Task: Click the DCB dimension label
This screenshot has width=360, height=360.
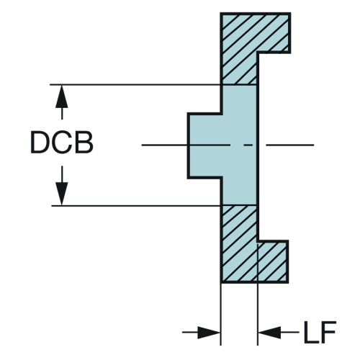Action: pyautogui.click(x=62, y=142)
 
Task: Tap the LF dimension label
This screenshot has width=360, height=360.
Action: pyautogui.click(x=320, y=332)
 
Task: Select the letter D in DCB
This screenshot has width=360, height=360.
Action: pyautogui.click(x=40, y=142)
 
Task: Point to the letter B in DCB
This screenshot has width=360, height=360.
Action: pyautogui.click(x=84, y=142)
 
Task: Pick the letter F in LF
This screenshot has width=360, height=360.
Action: pyautogui.click(x=328, y=332)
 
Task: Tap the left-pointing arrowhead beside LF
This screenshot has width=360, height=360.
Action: pyautogui.click(x=269, y=333)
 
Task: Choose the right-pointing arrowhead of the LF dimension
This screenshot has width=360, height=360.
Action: pyautogui.click(x=208, y=333)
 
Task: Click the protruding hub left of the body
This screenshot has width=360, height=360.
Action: pyautogui.click(x=205, y=145)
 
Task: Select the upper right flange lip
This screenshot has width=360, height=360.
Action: pyautogui.click(x=274, y=32)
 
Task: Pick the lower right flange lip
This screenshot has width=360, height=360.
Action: pyautogui.click(x=273, y=261)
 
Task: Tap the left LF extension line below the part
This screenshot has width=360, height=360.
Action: pyautogui.click(x=220, y=315)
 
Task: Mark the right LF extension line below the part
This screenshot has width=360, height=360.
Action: pyautogui.click(x=258, y=294)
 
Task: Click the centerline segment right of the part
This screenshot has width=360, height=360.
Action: pyautogui.click(x=289, y=145)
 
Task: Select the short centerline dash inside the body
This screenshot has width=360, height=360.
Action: pyautogui.click(x=248, y=145)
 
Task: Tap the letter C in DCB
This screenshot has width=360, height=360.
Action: pyautogui.click(x=62, y=142)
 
